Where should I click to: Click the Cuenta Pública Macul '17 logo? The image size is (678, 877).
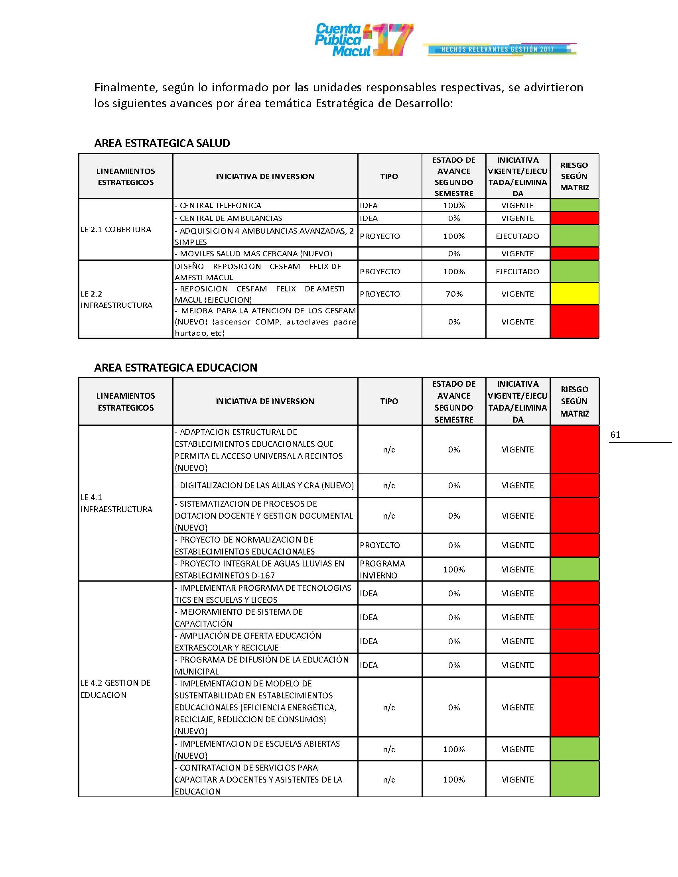click(363, 40)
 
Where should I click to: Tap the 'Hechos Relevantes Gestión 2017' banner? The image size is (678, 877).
click(498, 49)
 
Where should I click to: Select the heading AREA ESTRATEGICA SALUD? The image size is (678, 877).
click(162, 144)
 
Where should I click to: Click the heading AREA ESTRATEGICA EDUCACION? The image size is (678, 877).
click(175, 368)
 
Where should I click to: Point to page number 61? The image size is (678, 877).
click(615, 435)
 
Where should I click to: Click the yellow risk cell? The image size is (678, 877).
click(574, 294)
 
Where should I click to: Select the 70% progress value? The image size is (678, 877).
click(454, 294)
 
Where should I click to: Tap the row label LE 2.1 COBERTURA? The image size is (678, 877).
click(116, 229)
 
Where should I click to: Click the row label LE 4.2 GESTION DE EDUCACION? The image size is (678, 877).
click(116, 689)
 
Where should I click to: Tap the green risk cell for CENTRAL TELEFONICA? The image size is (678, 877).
click(574, 205)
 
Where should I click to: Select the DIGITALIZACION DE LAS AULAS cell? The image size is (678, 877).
click(265, 486)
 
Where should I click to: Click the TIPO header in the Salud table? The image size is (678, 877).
click(389, 176)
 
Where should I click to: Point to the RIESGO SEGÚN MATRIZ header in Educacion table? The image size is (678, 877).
click(574, 401)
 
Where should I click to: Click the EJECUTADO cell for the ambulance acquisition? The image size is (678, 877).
click(517, 236)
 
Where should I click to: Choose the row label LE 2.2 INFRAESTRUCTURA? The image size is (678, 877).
click(116, 299)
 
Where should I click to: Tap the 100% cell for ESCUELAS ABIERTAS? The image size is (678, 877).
click(454, 749)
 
